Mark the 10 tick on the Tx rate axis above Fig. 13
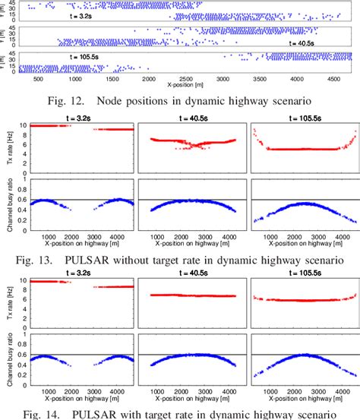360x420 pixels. pyautogui.click(x=22, y=125)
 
